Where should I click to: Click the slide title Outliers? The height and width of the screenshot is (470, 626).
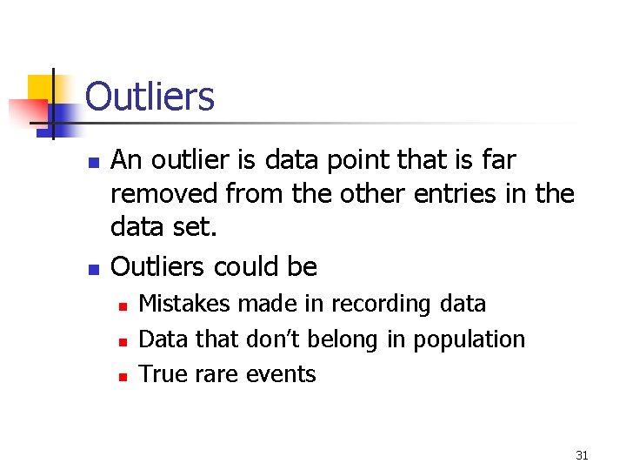click(150, 97)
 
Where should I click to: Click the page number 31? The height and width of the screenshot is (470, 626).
click(583, 454)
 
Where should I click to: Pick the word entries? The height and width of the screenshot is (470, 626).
click(449, 193)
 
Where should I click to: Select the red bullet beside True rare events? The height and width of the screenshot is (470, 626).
click(123, 377)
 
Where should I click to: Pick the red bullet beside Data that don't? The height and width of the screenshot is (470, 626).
click(123, 341)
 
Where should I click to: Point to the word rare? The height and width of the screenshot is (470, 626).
click(212, 375)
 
